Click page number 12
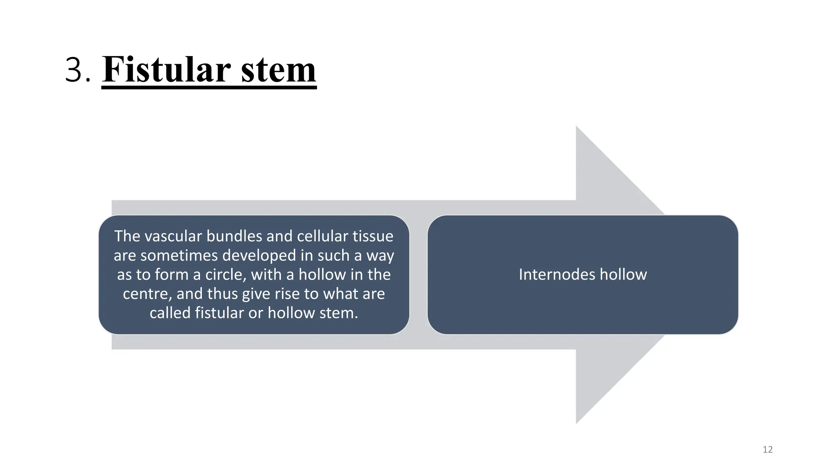click(x=768, y=450)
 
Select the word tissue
click(x=373, y=236)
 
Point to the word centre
click(x=145, y=294)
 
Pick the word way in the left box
click(x=380, y=256)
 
